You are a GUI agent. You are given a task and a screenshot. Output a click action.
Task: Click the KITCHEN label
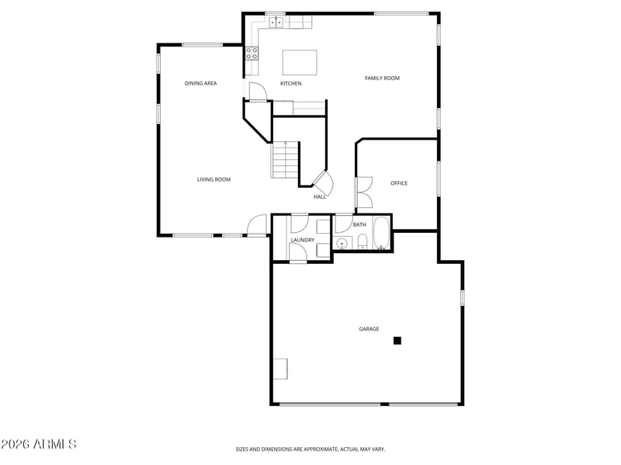point(290,83)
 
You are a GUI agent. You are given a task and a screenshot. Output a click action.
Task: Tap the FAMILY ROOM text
point(382,78)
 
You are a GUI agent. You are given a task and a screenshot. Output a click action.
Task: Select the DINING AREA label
point(200,83)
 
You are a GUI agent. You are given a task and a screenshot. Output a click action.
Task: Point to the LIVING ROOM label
point(213,179)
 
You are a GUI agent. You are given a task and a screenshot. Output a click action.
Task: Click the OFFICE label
point(399,183)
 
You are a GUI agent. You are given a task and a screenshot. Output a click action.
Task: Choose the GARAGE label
point(369,328)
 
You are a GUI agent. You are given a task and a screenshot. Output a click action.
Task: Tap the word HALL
point(319,197)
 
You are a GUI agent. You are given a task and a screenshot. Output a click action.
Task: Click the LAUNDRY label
point(302,240)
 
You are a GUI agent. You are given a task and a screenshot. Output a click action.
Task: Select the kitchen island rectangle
point(300,61)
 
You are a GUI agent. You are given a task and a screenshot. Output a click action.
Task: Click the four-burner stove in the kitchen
point(252,53)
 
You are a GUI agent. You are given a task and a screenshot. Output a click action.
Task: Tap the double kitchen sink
point(276,23)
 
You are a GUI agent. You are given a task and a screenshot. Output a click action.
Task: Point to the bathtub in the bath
point(382,233)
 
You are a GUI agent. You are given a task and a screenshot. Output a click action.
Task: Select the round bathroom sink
point(342,243)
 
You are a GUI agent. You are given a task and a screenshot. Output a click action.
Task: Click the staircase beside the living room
point(285,160)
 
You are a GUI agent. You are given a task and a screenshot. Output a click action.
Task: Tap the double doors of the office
point(363,193)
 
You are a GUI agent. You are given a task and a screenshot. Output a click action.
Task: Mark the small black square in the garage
point(397,340)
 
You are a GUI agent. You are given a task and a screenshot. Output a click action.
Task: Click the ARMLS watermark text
point(38,444)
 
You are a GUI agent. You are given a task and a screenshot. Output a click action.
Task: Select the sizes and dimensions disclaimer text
point(310,449)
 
